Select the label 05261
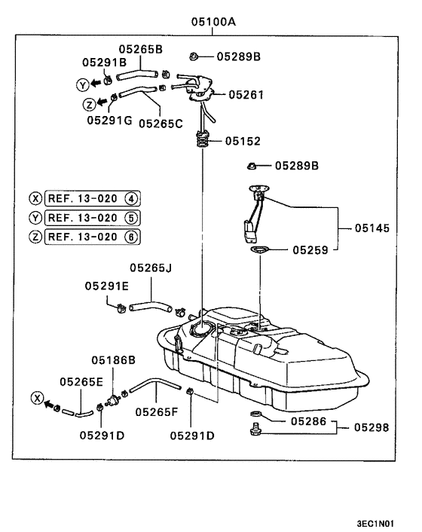point(247,95)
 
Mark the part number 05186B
point(113,361)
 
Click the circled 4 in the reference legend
point(131,199)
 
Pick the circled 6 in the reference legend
point(131,236)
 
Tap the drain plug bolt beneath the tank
point(253,430)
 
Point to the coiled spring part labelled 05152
point(203,139)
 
